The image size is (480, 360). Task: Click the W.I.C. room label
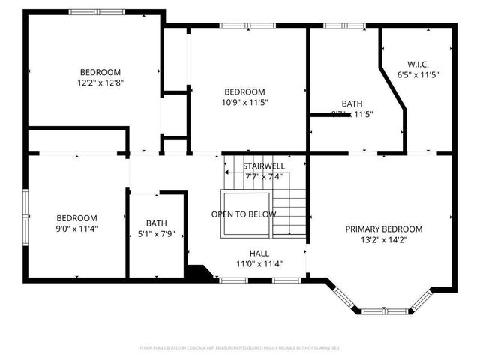(x=418, y=64)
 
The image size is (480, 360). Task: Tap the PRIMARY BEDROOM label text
(x=383, y=229)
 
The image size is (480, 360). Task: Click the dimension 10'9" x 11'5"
(x=244, y=102)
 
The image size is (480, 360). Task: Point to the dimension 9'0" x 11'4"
(x=76, y=229)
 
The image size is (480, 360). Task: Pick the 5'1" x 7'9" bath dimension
(x=157, y=234)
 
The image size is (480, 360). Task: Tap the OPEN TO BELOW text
(x=243, y=214)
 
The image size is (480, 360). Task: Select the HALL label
(x=259, y=253)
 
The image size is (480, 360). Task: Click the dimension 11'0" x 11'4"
(x=259, y=263)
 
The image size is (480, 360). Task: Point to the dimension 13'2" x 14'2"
(x=383, y=240)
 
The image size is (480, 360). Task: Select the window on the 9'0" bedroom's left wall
(x=25, y=212)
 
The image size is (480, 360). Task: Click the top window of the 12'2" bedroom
(x=97, y=12)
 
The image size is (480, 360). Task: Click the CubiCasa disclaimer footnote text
(x=240, y=347)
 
